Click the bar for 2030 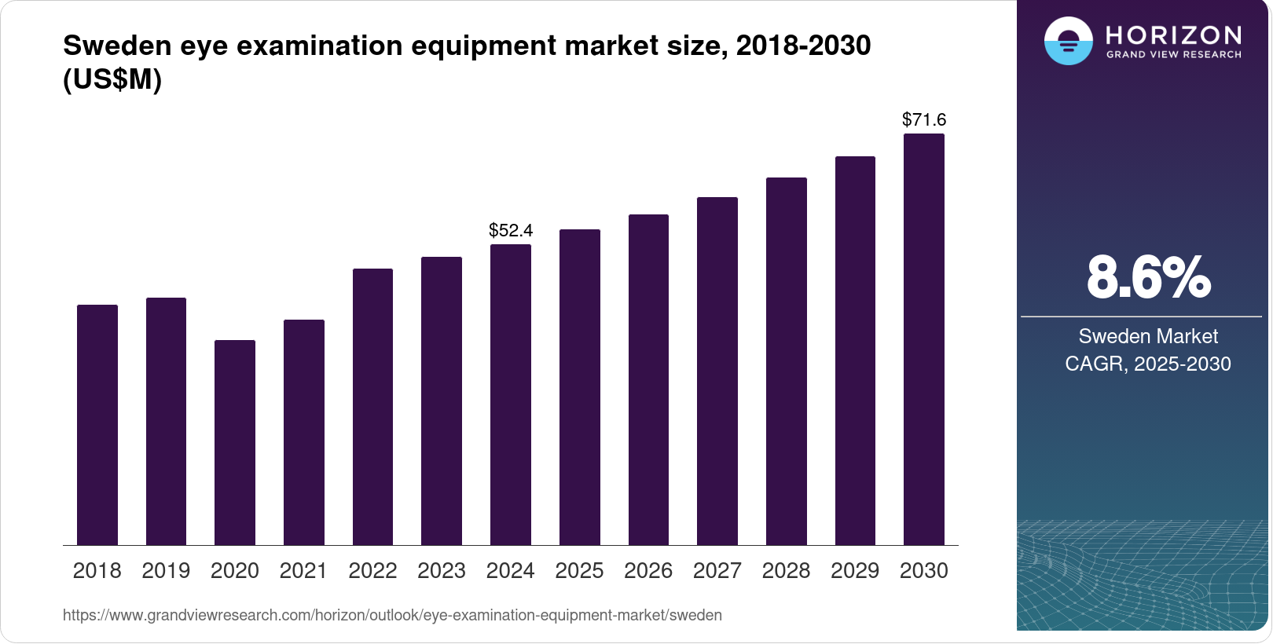click(x=924, y=339)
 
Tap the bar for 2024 click(x=511, y=394)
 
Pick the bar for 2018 click(x=97, y=425)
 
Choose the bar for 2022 click(x=372, y=407)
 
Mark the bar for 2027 click(x=717, y=371)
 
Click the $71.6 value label click(x=924, y=119)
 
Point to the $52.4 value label click(x=511, y=230)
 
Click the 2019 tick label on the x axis click(x=166, y=571)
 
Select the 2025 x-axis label click(x=579, y=571)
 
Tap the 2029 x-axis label click(x=855, y=571)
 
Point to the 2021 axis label click(x=303, y=571)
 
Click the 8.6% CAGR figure click(x=1148, y=277)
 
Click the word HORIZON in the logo click(x=1173, y=35)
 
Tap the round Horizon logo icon click(x=1068, y=41)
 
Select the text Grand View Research click(x=1173, y=55)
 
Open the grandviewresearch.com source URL click(x=392, y=615)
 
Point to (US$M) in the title click(x=112, y=79)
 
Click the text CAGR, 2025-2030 click(x=1148, y=364)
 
